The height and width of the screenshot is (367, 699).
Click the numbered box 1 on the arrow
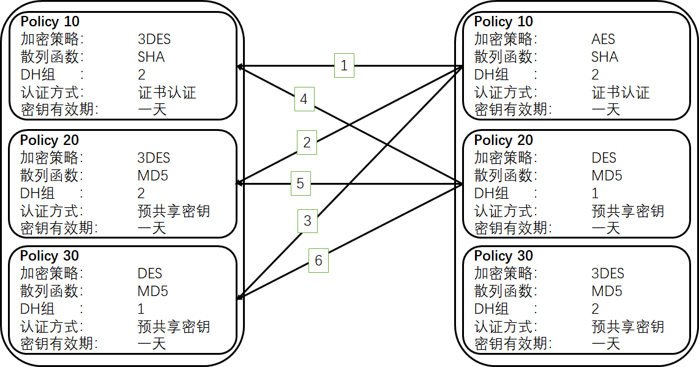click(x=344, y=65)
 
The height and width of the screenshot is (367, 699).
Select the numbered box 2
click(x=307, y=143)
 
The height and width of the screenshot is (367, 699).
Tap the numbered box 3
click(x=308, y=221)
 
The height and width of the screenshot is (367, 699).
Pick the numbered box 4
click(x=304, y=99)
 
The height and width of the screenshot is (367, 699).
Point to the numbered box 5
click(x=300, y=183)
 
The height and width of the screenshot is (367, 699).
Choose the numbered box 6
click(x=318, y=261)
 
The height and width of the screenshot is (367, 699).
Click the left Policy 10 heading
click(x=50, y=21)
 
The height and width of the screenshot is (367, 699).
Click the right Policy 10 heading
click(x=503, y=21)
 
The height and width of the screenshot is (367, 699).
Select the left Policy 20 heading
click(x=50, y=140)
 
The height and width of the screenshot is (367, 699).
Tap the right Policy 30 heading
click(x=503, y=256)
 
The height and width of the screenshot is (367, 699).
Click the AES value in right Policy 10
click(x=603, y=39)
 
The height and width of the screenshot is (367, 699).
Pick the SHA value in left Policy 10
click(x=151, y=57)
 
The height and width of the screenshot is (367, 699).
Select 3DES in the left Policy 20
click(x=154, y=158)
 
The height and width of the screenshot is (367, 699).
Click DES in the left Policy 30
click(x=150, y=273)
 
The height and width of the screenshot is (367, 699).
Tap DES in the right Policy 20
click(x=604, y=158)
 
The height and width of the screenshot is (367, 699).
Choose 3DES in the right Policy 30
click(x=608, y=273)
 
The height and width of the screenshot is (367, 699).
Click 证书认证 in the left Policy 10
click(x=167, y=92)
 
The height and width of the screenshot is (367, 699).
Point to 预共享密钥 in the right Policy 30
click(x=628, y=327)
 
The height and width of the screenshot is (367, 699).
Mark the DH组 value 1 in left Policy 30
click(x=141, y=309)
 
